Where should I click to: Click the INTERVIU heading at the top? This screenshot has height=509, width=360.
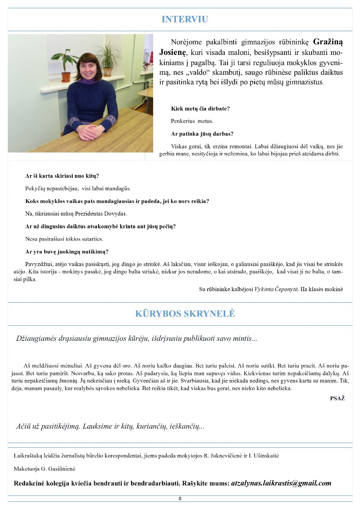(x=185, y=19)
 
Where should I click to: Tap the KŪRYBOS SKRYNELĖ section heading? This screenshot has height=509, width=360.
(x=185, y=313)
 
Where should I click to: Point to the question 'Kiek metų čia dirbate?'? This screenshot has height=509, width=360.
(x=200, y=108)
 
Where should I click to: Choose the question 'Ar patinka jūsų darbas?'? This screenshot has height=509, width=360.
(x=202, y=134)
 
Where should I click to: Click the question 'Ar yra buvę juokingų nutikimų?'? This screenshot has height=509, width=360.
(x=67, y=251)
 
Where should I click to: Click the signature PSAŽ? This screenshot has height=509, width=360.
(x=337, y=398)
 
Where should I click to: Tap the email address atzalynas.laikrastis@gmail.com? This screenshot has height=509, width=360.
(x=281, y=483)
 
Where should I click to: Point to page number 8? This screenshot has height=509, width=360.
(x=180, y=498)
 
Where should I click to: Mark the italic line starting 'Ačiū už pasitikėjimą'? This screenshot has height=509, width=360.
(x=110, y=426)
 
